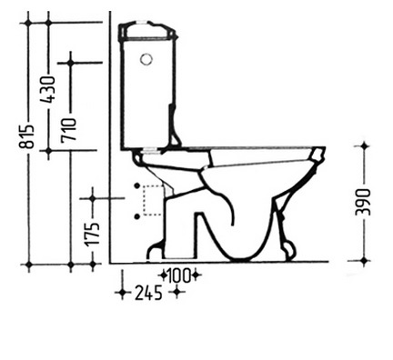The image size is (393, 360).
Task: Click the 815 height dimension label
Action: tap(27, 136)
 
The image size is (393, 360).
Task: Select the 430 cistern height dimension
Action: tap(48, 89)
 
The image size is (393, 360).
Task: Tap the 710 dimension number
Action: tap(69, 130)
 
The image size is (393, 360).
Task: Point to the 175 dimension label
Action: tap(92, 234)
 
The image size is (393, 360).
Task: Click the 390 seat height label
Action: tap(363, 202)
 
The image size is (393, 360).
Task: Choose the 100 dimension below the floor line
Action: tap(179, 275)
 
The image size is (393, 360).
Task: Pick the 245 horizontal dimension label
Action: tap(148, 293)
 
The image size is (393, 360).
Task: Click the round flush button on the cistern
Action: tap(146, 59)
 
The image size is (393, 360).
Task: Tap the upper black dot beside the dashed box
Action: tap(137, 185)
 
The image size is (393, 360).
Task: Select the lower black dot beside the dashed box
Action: tap(137, 216)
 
